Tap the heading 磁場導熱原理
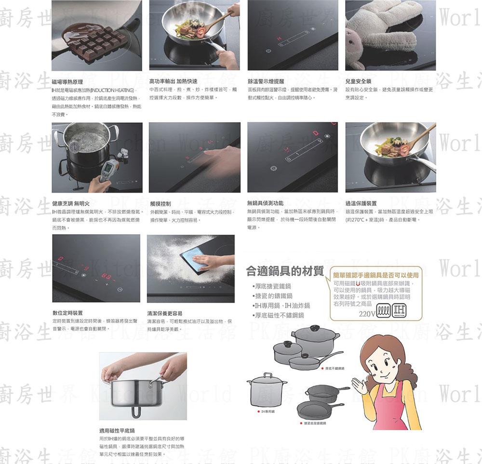(x=67, y=82)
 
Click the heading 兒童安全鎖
(x=358, y=82)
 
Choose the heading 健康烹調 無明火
(x=70, y=204)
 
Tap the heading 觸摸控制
(x=161, y=204)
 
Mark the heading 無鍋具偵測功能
(x=265, y=203)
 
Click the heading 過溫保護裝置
(x=361, y=203)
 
